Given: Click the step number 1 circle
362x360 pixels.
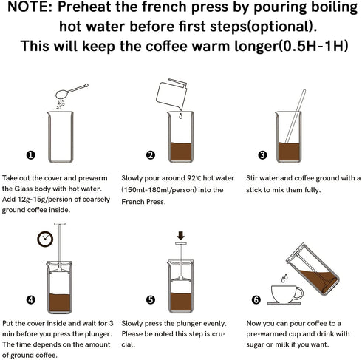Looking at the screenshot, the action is coord(31,155).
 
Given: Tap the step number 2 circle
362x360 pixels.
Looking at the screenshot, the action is coord(151,155).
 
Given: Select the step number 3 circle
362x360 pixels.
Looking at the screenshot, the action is coord(262,155).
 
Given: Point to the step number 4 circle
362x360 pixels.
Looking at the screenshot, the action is coord(31,300).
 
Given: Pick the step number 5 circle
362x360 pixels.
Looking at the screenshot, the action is coord(151,300).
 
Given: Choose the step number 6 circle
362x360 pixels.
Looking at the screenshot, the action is coord(256,300).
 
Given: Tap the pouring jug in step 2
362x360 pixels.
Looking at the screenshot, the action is coord(171,94).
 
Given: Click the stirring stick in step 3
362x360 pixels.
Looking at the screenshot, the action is coord(296,116).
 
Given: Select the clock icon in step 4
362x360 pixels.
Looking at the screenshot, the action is coord(45,239).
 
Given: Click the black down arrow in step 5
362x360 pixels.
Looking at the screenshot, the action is coord(181,236).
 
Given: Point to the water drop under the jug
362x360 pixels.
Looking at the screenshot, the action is coord(180,116).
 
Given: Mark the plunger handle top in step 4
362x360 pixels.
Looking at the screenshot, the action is coord(60,224).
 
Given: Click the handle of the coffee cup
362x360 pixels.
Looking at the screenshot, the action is coord(299,293).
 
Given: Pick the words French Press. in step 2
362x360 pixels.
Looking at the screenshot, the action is coord(143,202).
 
